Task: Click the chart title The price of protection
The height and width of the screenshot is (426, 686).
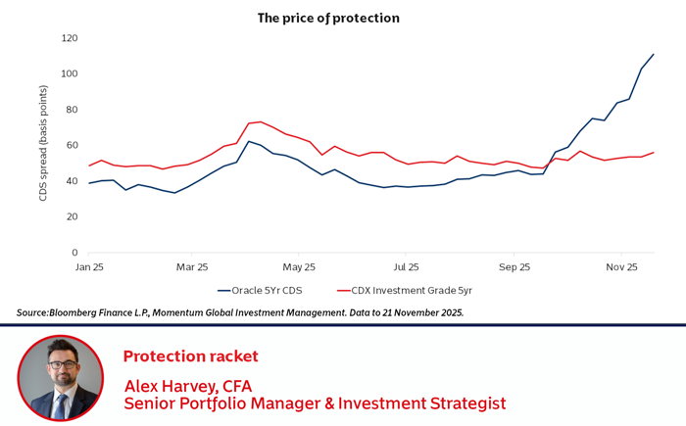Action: coord(328,18)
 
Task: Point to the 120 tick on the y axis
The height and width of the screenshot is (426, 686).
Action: coord(69,38)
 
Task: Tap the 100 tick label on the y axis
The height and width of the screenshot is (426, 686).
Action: coord(69,74)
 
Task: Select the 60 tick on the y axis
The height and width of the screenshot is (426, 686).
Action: coord(72,146)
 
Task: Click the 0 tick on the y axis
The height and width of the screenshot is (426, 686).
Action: coord(74,253)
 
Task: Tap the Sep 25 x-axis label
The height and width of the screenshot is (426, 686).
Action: coord(513,265)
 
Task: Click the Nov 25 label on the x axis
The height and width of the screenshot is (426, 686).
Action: coord(621,265)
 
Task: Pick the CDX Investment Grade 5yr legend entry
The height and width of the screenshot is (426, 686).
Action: coord(404,290)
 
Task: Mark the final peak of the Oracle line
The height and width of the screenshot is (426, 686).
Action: coord(654,54)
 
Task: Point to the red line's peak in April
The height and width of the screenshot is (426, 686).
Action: coord(260,121)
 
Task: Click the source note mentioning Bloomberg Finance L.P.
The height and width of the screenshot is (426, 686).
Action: coord(240,312)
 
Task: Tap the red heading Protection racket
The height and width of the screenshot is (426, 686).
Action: coord(189,355)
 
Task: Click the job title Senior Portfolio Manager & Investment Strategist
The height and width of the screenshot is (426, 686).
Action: coord(314,402)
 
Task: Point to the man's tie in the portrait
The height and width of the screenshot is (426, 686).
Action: coord(61,404)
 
